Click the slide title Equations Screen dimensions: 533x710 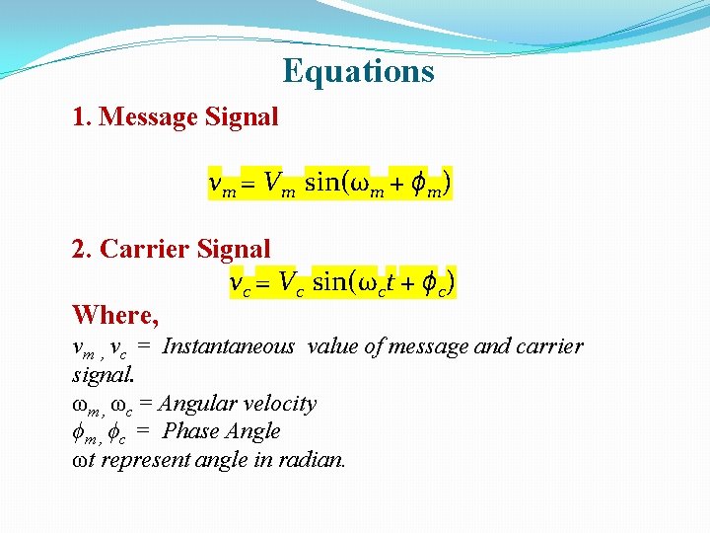click(x=357, y=72)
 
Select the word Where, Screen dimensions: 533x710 click(x=114, y=316)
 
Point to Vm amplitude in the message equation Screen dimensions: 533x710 click(x=279, y=185)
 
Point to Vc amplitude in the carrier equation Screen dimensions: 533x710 click(x=288, y=284)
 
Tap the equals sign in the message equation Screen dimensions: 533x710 click(x=249, y=186)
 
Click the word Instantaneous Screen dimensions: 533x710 click(x=228, y=346)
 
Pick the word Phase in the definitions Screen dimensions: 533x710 click(x=186, y=431)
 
